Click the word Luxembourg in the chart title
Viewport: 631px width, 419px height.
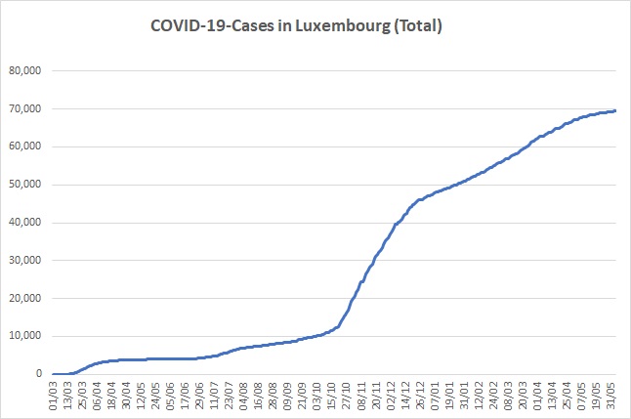[x=343, y=26]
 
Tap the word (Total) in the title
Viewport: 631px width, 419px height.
[x=418, y=25]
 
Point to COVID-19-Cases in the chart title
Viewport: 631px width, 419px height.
[x=213, y=25]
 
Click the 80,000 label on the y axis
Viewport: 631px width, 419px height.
[x=25, y=71]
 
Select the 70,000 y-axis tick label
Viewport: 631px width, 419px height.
[x=25, y=108]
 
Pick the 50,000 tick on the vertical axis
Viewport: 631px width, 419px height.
[x=25, y=185]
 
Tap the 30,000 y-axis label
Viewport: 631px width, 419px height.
[x=25, y=260]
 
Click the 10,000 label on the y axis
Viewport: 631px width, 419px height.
[x=25, y=336]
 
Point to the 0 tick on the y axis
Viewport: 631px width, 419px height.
[x=39, y=373]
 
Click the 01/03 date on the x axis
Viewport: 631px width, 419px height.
[x=53, y=397]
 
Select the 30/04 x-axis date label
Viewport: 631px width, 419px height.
[x=126, y=397]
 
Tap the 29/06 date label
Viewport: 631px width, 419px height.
[x=199, y=397]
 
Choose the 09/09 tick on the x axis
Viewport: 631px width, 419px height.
[x=287, y=397]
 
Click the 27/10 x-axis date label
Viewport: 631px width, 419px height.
[x=346, y=397]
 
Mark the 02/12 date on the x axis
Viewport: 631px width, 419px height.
[x=390, y=397]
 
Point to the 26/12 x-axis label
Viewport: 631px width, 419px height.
[x=419, y=397]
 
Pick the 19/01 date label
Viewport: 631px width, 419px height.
[x=448, y=397]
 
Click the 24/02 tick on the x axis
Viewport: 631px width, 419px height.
[x=492, y=397]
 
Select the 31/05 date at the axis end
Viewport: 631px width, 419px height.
[x=610, y=397]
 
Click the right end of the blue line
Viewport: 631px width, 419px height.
[x=615, y=110]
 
